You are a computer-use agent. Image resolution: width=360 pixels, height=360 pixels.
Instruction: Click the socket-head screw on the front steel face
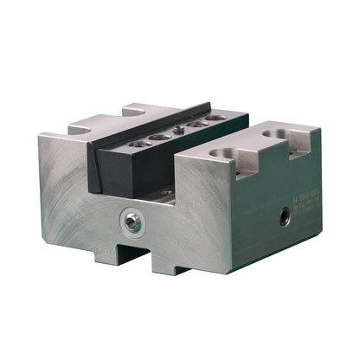tap(130, 222)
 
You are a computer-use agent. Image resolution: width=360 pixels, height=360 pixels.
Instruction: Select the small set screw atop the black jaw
tap(178, 131)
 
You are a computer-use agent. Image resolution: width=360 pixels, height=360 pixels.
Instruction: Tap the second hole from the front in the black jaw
tap(159, 136)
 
